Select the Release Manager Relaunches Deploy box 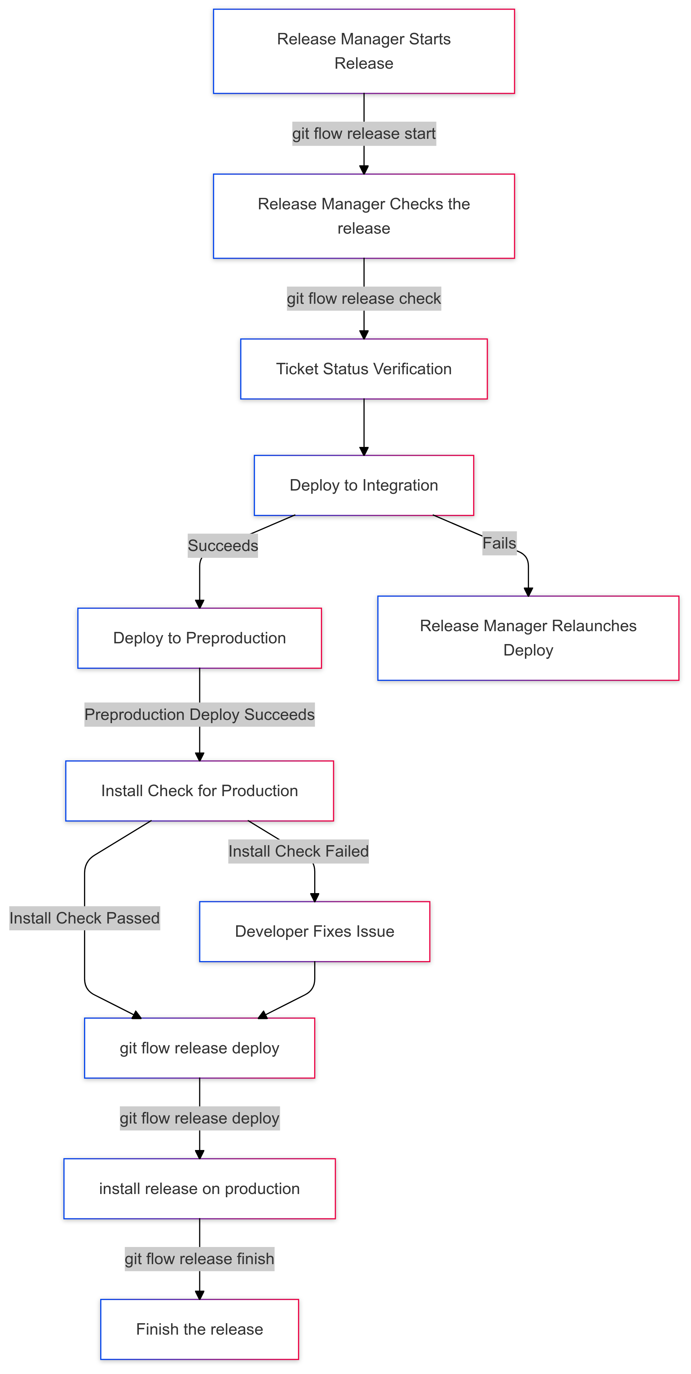[x=528, y=638]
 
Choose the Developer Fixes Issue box [x=314, y=931]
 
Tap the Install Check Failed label [x=298, y=851]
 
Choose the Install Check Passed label [x=84, y=918]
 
